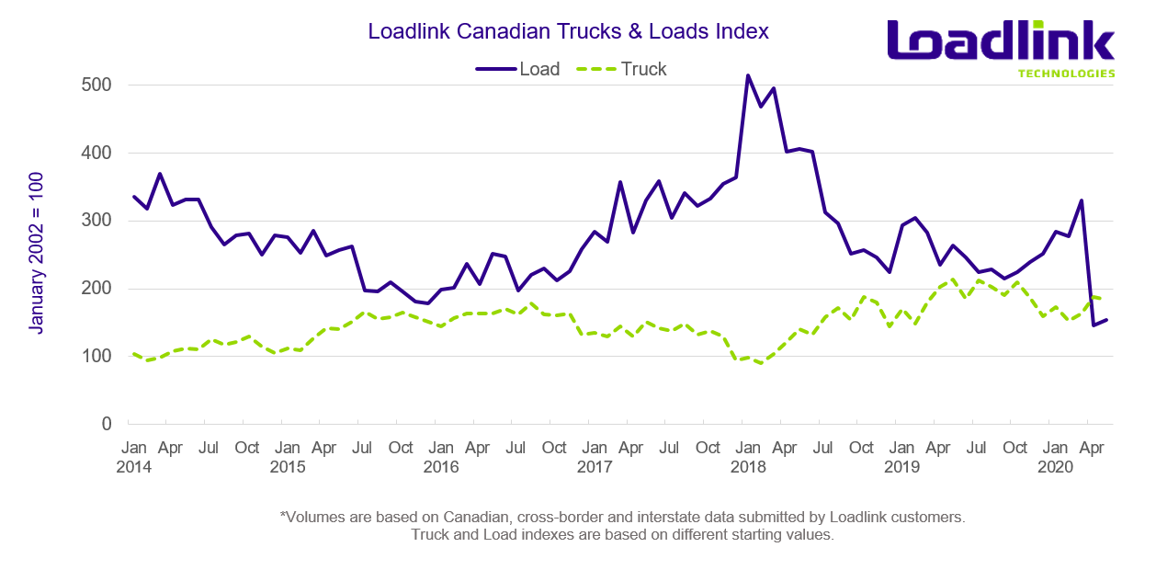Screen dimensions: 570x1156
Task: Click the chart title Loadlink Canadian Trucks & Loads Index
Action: point(568,31)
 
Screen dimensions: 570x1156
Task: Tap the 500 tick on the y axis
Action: point(94,85)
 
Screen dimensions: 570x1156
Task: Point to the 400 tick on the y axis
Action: point(94,153)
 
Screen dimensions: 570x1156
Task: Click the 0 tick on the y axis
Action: point(106,424)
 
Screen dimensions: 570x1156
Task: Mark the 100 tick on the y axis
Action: point(94,356)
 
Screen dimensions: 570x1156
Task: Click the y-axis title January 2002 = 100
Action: point(35,252)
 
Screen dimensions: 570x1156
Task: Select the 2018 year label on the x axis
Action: point(748,467)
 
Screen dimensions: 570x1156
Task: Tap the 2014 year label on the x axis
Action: point(133,467)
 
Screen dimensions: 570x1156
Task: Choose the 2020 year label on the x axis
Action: point(1056,467)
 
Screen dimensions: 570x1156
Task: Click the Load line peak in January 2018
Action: point(748,75)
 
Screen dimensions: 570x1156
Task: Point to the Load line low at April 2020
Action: point(1094,325)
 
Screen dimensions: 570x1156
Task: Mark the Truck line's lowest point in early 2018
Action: point(761,363)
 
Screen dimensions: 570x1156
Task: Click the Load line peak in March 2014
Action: point(160,174)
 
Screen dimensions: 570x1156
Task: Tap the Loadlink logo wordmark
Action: point(1000,42)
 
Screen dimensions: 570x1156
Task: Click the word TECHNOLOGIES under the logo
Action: point(1066,74)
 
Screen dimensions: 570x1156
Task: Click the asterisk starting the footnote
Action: point(283,517)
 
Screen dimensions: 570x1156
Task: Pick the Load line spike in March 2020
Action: point(1081,200)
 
